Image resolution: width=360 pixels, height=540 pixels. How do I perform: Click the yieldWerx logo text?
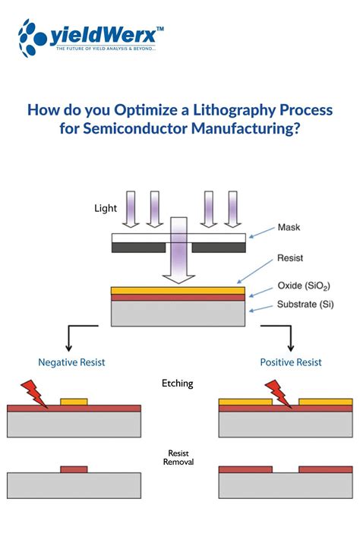pyautogui.click(x=106, y=34)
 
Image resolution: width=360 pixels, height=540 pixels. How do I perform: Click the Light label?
pyautogui.click(x=106, y=207)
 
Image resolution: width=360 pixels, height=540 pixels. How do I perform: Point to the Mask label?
pyautogui.click(x=289, y=226)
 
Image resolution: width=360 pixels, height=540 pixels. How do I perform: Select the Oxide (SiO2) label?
pyautogui.click(x=303, y=286)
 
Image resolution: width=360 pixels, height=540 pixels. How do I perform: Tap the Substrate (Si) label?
pyautogui.click(x=304, y=305)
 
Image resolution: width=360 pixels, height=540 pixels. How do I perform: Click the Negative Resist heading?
pyautogui.click(x=71, y=362)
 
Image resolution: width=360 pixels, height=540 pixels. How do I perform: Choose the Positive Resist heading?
pyautogui.click(x=289, y=362)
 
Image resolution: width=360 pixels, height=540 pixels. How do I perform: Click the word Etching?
pyautogui.click(x=178, y=384)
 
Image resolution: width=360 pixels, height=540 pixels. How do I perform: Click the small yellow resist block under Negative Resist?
pyautogui.click(x=74, y=401)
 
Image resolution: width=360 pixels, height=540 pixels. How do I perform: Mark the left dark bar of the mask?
pyautogui.click(x=138, y=248)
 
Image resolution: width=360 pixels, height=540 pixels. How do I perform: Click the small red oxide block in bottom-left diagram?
pyautogui.click(x=74, y=469)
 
